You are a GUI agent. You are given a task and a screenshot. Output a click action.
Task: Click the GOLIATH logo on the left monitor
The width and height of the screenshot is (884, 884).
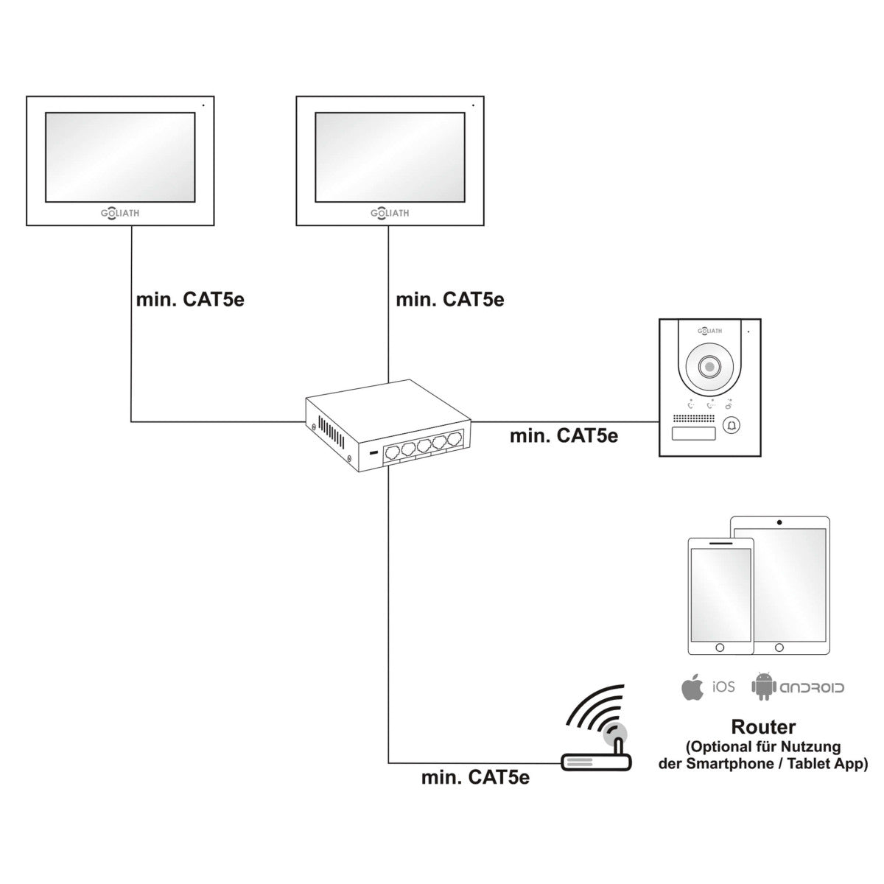click(x=119, y=213)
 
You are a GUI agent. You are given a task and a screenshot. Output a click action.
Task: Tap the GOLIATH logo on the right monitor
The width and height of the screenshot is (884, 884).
click(x=389, y=213)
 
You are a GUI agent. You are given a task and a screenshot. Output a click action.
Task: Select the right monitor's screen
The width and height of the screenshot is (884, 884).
click(x=390, y=156)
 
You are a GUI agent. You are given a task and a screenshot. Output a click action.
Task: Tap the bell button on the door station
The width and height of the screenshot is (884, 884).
click(x=732, y=425)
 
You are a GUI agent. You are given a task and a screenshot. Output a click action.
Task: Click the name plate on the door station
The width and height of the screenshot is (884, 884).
click(x=693, y=433)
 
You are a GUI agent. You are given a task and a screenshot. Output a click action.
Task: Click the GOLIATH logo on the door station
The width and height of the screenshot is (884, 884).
click(x=709, y=331)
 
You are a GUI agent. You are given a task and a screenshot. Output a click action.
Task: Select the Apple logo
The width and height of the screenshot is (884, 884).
click(x=691, y=687)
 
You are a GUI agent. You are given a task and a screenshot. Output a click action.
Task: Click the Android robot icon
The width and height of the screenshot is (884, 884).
click(x=764, y=687)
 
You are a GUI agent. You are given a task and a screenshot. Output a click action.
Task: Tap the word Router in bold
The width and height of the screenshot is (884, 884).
click(x=763, y=728)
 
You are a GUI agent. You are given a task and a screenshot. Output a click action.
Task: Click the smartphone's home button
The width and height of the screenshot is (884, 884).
click(x=720, y=647)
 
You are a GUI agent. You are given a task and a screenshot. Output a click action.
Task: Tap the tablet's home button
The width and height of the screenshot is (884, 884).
click(x=779, y=647)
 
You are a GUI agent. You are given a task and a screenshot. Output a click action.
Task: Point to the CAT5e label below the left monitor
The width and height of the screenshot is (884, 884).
click(x=190, y=300)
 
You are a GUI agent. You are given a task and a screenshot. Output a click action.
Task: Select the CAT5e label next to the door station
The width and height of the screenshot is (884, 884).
click(x=564, y=435)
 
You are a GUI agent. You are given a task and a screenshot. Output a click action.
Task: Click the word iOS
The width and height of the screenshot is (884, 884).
click(x=723, y=687)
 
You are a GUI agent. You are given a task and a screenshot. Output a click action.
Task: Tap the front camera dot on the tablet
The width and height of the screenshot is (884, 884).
click(x=779, y=522)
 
